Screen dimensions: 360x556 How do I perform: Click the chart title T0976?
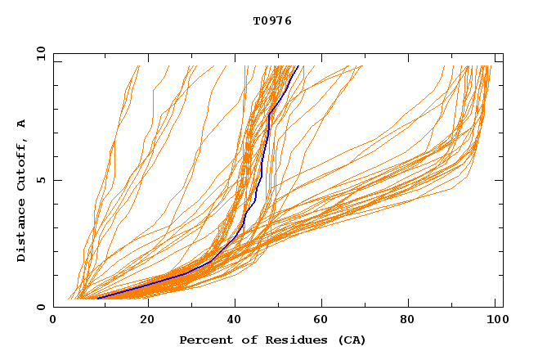(x=272, y=20)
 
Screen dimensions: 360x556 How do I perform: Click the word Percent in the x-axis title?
(x=203, y=340)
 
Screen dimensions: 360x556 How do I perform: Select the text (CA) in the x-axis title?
(x=352, y=340)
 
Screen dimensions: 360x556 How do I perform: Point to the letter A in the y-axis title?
(x=22, y=124)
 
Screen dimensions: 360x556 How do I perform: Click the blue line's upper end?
(x=298, y=66)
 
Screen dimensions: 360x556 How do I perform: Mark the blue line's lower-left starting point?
(x=98, y=298)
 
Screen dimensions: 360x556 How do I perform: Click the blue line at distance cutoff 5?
(x=261, y=180)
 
